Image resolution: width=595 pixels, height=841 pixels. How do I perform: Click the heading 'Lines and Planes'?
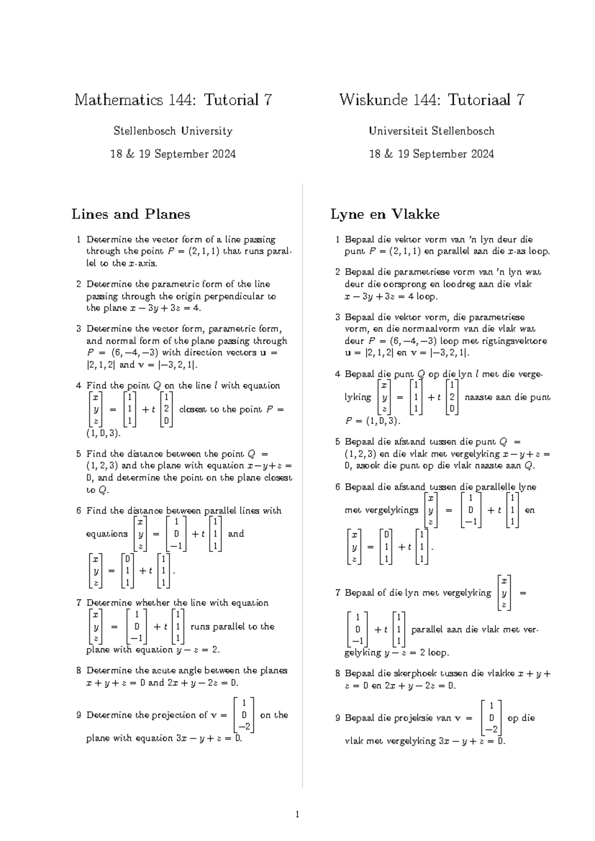click(x=131, y=214)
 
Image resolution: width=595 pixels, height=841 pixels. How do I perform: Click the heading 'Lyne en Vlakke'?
click(x=385, y=214)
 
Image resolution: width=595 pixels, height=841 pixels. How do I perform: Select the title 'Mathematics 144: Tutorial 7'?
click(x=173, y=100)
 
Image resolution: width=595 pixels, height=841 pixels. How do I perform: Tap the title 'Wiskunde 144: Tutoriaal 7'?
click(x=432, y=100)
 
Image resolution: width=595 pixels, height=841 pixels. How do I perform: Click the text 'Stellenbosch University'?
click(x=173, y=131)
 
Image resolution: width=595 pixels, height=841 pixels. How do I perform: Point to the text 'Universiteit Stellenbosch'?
click(x=431, y=131)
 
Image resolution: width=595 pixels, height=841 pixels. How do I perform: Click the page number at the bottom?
click(x=297, y=814)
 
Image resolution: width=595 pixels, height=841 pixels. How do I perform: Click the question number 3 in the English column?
click(x=78, y=329)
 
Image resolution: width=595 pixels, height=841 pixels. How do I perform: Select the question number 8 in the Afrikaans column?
click(x=338, y=673)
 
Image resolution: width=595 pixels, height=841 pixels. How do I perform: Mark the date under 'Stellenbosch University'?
click(x=173, y=154)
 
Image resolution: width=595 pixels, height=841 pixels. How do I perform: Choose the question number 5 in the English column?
click(x=78, y=454)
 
